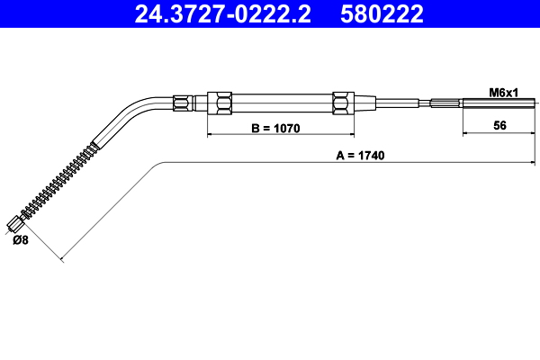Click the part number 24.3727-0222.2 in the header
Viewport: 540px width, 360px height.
tap(222, 13)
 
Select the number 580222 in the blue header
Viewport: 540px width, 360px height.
tap(382, 13)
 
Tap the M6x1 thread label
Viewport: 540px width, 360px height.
tap(503, 93)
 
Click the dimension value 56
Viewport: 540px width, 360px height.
tap(499, 125)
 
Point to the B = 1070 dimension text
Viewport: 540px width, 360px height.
tap(275, 128)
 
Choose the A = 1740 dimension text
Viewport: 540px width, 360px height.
tap(360, 156)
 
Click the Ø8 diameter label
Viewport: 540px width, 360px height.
tap(21, 239)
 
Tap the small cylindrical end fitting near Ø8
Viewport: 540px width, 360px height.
tap(15, 224)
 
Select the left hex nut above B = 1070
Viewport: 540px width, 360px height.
tap(220, 103)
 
